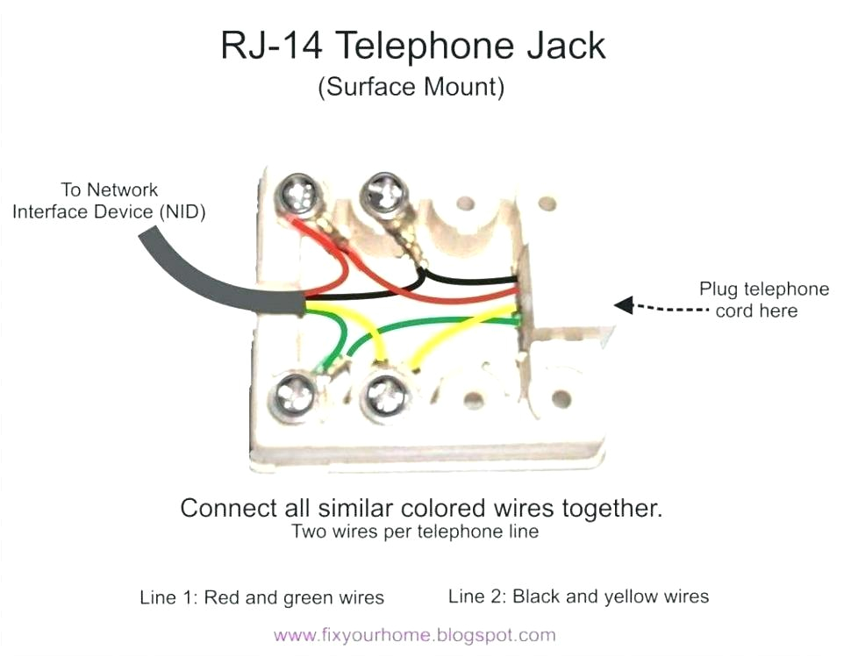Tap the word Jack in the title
point(562,46)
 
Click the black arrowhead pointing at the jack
point(624,304)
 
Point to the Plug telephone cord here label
point(762,300)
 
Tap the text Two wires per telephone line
point(415,532)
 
